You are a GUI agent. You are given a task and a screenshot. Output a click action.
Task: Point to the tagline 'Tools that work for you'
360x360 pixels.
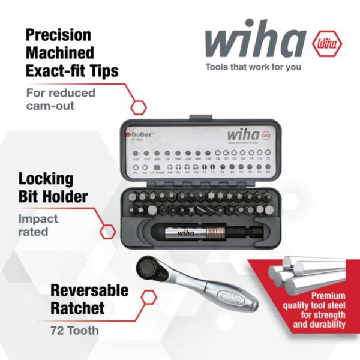click(x=253, y=67)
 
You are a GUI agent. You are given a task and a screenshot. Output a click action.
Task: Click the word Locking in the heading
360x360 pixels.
click(x=46, y=179)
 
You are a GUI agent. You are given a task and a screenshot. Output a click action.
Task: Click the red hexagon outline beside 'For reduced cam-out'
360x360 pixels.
click(x=139, y=107)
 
